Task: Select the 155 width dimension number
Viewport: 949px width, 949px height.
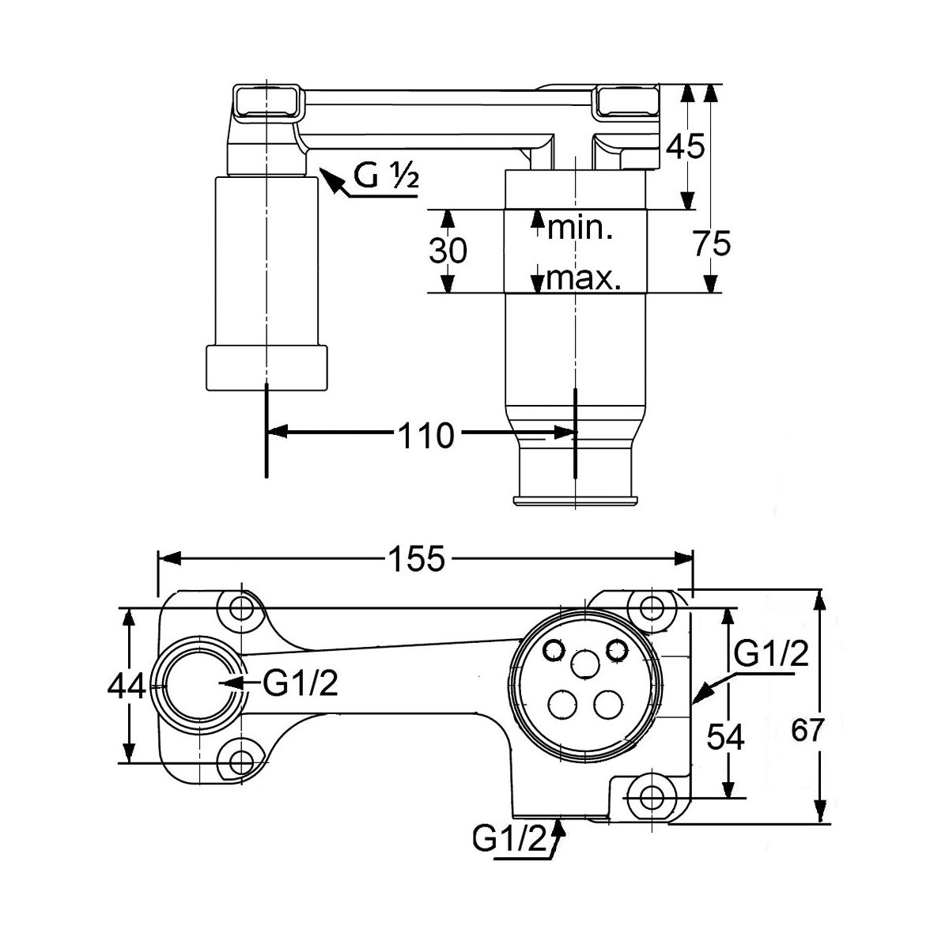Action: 417,560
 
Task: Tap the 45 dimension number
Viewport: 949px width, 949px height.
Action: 684,146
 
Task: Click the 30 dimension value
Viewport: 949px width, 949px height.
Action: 448,251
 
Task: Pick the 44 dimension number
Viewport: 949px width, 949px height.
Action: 127,686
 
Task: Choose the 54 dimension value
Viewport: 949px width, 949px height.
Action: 725,738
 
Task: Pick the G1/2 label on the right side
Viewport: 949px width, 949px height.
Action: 769,654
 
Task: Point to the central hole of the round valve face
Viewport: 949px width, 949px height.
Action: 584,664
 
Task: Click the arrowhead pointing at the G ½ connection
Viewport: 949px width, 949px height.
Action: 329,180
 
